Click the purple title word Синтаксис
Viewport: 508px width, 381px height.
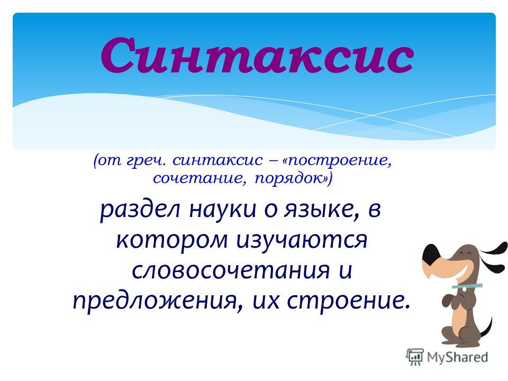coord(257,56)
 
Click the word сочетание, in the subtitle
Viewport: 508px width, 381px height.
coord(197,178)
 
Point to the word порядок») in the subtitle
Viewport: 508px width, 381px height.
coord(293,179)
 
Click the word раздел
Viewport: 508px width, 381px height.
coord(140,210)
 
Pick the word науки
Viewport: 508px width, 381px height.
coord(223,210)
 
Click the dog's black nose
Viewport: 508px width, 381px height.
coord(431,254)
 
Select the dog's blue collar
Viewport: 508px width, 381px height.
coord(467,286)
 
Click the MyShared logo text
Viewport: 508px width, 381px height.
coord(457,357)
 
